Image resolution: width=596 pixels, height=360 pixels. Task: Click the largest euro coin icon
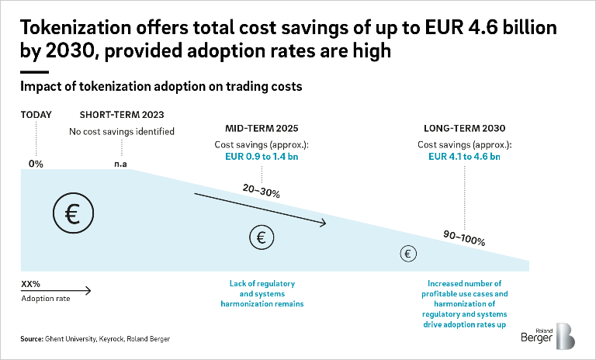click(x=73, y=214)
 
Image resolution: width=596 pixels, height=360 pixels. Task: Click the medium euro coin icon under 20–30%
click(x=262, y=237)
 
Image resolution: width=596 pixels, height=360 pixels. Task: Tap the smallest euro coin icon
click(x=408, y=253)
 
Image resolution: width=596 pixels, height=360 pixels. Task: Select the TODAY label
click(x=36, y=115)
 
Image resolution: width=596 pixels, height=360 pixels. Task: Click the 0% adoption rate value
click(x=36, y=164)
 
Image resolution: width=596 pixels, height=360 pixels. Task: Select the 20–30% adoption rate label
click(x=257, y=192)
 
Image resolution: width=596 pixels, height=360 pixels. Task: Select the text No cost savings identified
click(x=127, y=131)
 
